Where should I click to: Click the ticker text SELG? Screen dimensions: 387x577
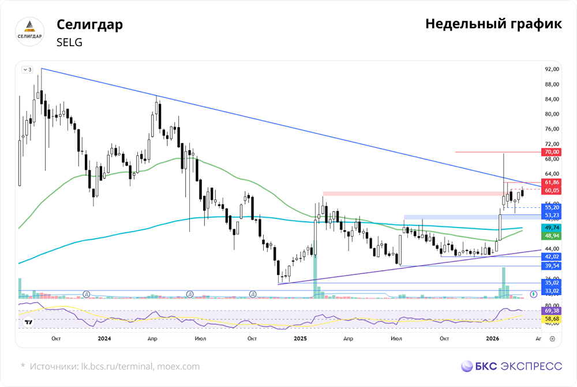coord(70,42)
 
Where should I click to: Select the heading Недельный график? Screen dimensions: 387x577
coord(493,24)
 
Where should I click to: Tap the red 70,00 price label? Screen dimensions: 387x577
coord(551,152)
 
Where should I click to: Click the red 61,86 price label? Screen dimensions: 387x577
coord(551,182)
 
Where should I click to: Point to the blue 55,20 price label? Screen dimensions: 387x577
coord(551,207)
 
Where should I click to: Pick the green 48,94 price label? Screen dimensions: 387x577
coord(551,236)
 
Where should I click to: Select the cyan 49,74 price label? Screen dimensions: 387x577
coord(551,228)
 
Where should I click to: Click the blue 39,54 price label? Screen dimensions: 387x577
coord(551,266)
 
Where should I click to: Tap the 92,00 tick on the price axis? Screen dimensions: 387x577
coord(552,69)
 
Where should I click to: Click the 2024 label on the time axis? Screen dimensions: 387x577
coord(105,338)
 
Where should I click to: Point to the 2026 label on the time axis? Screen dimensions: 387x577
coord(492,338)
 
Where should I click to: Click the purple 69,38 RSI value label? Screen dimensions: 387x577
coord(551,311)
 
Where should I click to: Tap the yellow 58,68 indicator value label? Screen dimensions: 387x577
coord(551,319)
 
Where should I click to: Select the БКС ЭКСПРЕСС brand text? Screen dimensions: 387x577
coord(512,366)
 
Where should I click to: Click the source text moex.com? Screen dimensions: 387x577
coord(178,366)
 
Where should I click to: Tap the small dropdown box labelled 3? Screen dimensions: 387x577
coord(27,69)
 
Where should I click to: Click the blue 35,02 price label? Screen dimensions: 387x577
coord(551,283)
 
